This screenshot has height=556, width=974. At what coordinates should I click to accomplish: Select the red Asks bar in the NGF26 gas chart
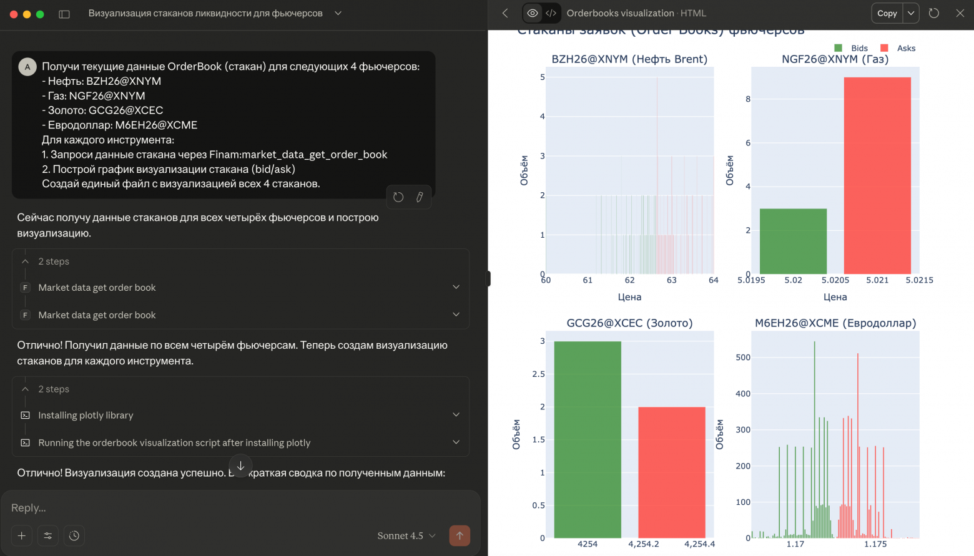pyautogui.click(x=877, y=175)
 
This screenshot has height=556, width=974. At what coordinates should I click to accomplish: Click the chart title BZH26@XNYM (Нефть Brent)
pyautogui.click(x=629, y=59)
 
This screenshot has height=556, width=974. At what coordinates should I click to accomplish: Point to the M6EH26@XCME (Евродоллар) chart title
pyautogui.click(x=835, y=323)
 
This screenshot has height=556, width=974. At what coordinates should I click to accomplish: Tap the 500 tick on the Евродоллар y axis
pyautogui.click(x=743, y=358)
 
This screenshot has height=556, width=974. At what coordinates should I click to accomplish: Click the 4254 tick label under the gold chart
pyautogui.click(x=588, y=544)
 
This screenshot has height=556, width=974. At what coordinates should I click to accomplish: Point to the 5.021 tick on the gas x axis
pyautogui.click(x=877, y=280)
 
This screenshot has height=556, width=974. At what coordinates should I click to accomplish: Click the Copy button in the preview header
pyautogui.click(x=887, y=13)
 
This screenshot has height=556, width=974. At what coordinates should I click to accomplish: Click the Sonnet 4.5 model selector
pyautogui.click(x=406, y=535)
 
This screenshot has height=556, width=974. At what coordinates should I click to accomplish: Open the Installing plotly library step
pyautogui.click(x=86, y=415)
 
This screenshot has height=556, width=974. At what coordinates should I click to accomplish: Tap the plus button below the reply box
pyautogui.click(x=22, y=535)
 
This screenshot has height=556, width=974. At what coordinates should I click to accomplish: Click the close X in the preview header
pyautogui.click(x=960, y=13)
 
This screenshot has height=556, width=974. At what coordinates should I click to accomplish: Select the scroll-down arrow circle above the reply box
pyautogui.click(x=240, y=466)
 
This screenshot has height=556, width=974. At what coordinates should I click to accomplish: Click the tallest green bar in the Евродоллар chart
pyautogui.click(x=815, y=437)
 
